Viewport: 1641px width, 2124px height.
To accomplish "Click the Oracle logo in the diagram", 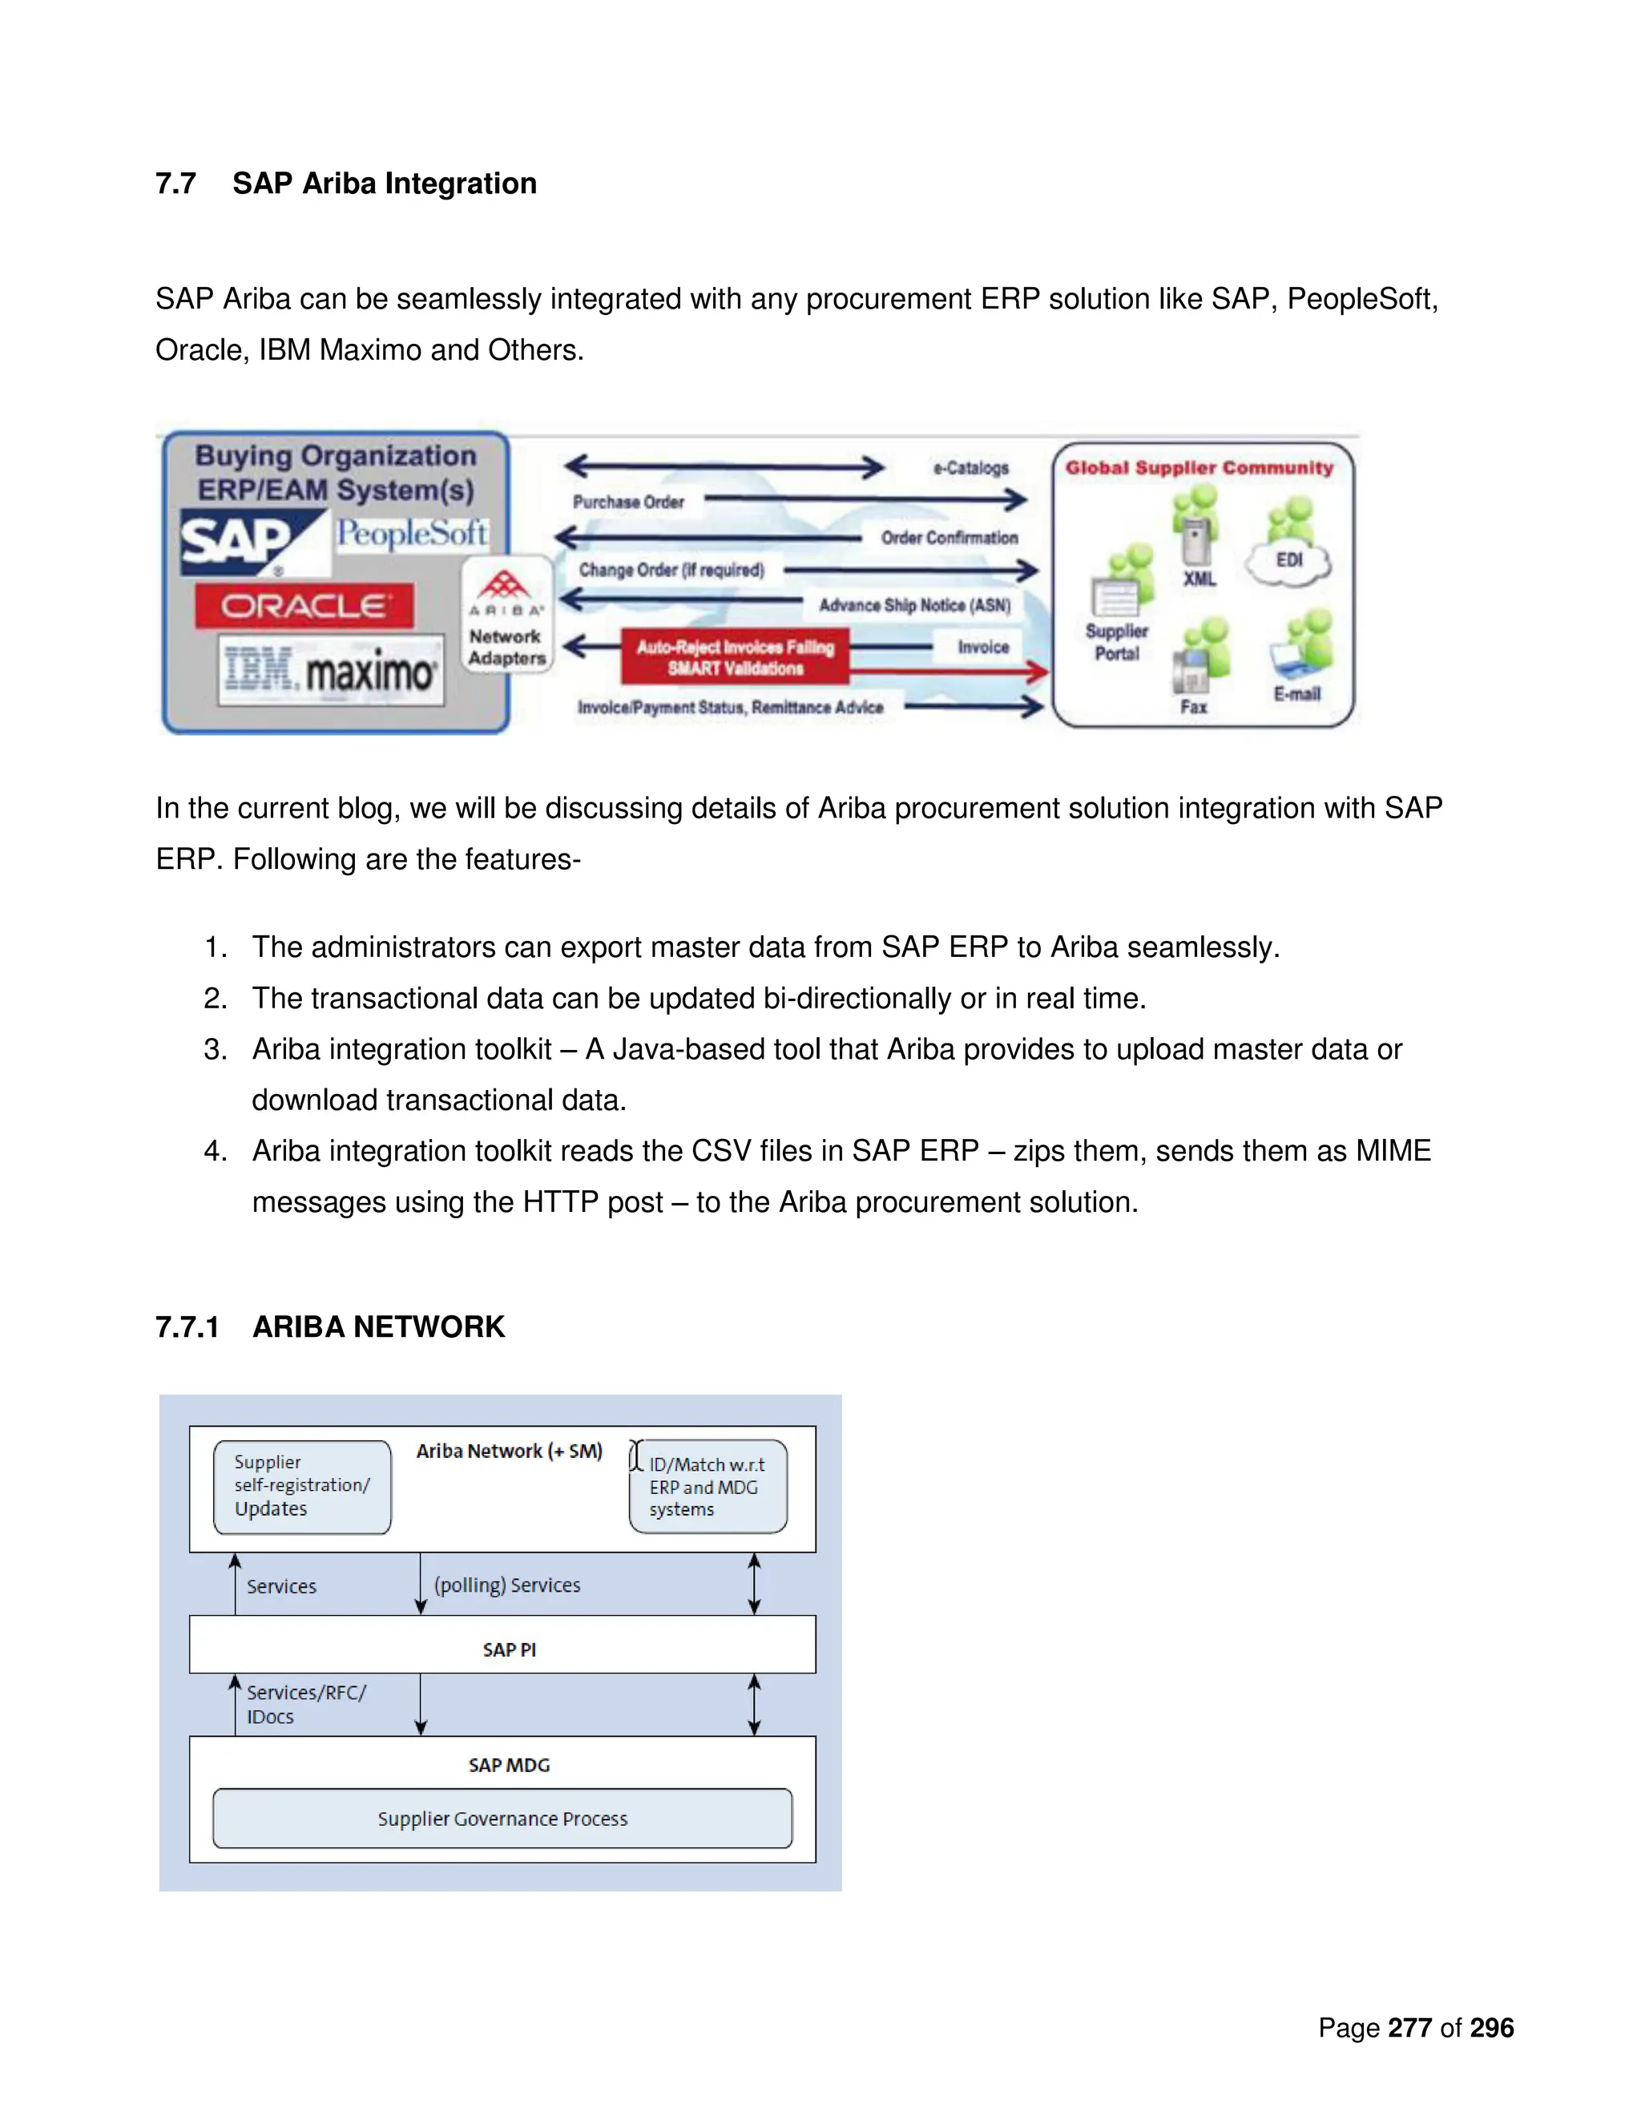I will (x=304, y=606).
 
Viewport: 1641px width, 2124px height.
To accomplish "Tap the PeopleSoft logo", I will (x=411, y=534).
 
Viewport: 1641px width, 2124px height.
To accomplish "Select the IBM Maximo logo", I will (x=331, y=670).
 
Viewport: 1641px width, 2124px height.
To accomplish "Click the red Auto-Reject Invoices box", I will (x=735, y=657).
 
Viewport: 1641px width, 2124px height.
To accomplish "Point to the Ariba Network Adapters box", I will (x=506, y=615).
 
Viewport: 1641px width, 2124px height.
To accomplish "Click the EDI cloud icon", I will (x=1289, y=561).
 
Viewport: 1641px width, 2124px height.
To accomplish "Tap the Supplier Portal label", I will (x=1116, y=642).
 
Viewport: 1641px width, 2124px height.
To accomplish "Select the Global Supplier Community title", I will (x=1199, y=468).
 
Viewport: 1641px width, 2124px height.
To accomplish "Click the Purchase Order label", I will (x=628, y=502).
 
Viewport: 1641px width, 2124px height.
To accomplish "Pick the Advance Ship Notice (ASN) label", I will (x=913, y=605).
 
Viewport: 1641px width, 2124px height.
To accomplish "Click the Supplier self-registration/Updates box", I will (x=302, y=1486).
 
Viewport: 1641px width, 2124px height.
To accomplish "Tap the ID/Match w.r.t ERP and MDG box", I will (x=708, y=1486).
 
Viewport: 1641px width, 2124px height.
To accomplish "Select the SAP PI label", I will (x=509, y=1650).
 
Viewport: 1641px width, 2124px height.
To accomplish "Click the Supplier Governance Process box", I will (x=502, y=1818).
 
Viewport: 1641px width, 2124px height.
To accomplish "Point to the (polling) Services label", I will (x=506, y=1585).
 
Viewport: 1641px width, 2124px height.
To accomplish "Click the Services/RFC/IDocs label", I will (x=305, y=1704).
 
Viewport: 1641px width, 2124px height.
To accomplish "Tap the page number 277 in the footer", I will (x=1409, y=2028).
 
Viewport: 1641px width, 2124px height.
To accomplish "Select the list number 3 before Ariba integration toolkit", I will (x=214, y=1049).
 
